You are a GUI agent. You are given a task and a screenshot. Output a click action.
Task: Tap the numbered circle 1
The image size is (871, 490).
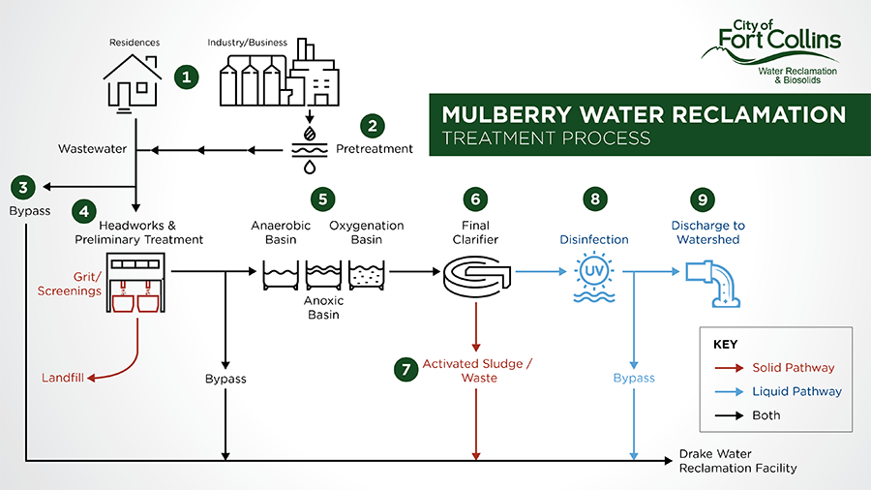pyautogui.click(x=186, y=77)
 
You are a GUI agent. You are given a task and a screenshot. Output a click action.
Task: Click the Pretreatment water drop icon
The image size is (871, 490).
pyautogui.click(x=309, y=148)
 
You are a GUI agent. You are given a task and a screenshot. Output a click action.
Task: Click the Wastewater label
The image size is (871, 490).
pyautogui.click(x=92, y=149)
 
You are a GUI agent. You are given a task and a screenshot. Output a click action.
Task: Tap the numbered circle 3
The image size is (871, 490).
pyautogui.click(x=22, y=187)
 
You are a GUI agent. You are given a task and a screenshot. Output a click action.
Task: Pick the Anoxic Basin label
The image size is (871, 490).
pyautogui.click(x=323, y=307)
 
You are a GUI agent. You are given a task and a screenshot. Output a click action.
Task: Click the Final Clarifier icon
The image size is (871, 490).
pyautogui.click(x=476, y=274)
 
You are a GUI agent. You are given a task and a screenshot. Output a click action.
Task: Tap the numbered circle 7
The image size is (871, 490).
pyautogui.click(x=405, y=370)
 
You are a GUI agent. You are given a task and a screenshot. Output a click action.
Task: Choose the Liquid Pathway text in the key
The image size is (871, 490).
pyautogui.click(x=796, y=391)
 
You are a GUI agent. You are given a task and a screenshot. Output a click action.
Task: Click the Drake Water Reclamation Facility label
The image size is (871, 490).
pyautogui.click(x=737, y=461)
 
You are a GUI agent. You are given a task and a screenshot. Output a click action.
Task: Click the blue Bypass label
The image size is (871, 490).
pyautogui.click(x=634, y=378)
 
